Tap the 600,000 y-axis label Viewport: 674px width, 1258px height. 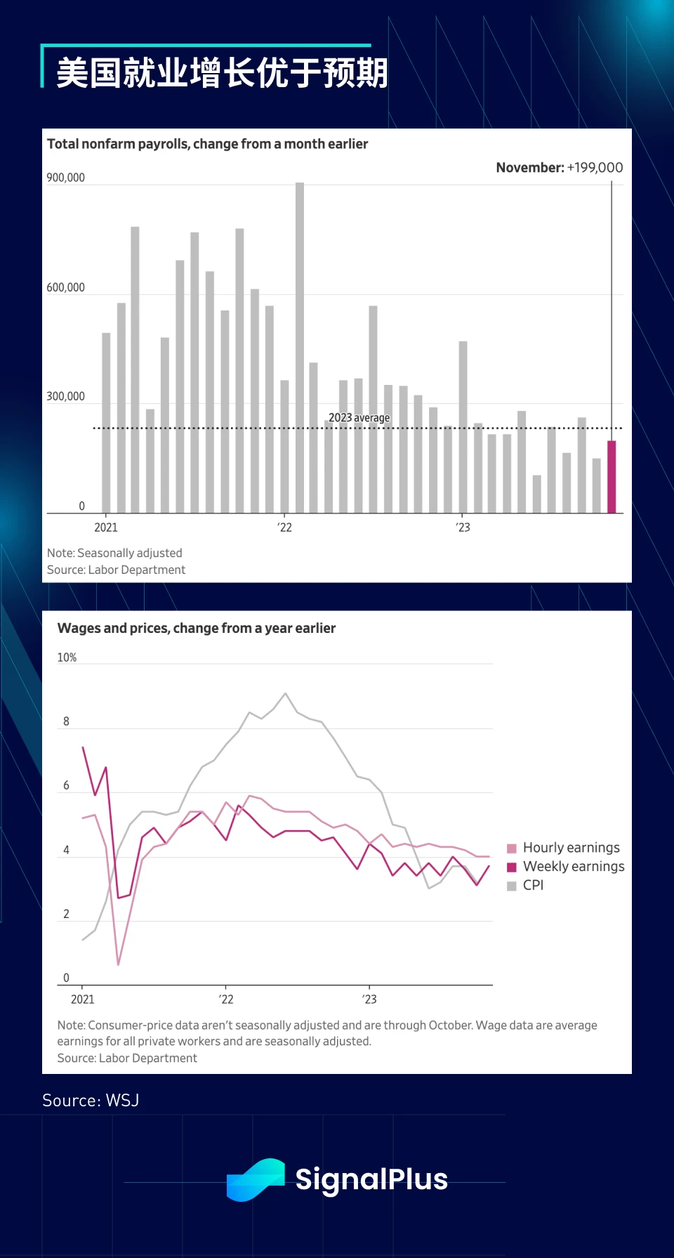(x=65, y=287)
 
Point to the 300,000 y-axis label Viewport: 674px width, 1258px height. (x=65, y=396)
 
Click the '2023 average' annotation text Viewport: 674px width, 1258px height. (x=359, y=417)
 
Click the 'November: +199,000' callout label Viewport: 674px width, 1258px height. (x=559, y=167)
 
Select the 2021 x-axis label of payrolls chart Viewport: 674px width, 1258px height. (x=106, y=528)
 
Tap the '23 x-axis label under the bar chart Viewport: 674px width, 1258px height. (x=463, y=528)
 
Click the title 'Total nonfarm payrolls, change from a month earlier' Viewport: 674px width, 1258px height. (x=207, y=144)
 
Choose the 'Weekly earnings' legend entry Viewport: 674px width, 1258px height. (x=565, y=867)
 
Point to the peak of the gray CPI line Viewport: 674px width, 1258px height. (x=285, y=694)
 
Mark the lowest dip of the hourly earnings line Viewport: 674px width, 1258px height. (x=118, y=964)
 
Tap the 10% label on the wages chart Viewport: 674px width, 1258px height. (x=67, y=657)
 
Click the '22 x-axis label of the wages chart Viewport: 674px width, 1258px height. (x=225, y=1000)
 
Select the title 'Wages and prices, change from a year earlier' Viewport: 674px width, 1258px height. (x=197, y=628)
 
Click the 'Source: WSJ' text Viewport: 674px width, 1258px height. (x=91, y=1100)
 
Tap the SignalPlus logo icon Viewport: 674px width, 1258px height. (x=256, y=1179)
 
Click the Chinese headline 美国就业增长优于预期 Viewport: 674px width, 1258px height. (x=222, y=73)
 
